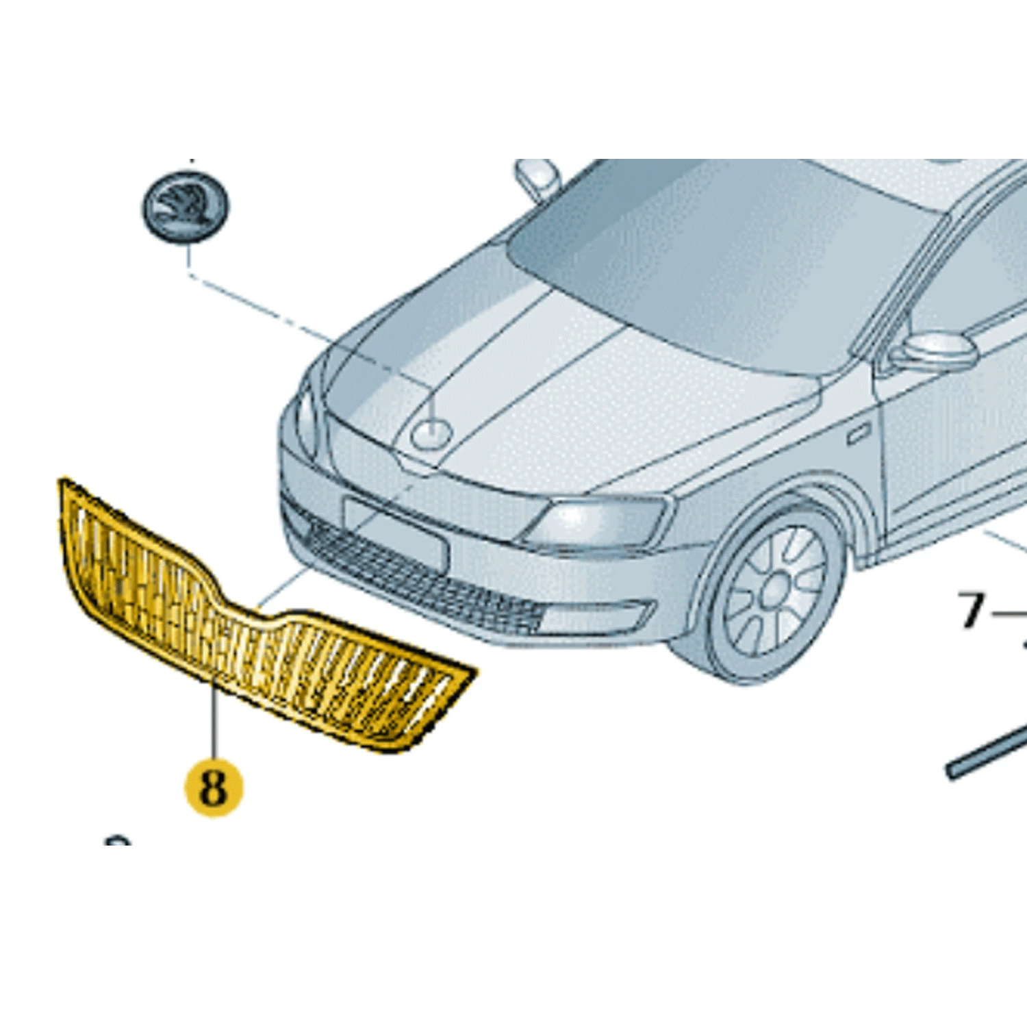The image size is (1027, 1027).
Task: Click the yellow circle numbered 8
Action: pos(214,787)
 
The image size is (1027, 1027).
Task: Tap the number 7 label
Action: pos(971,611)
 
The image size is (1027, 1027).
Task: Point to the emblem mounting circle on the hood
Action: pos(431,433)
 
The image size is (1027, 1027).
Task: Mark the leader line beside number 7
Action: pos(1008,614)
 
